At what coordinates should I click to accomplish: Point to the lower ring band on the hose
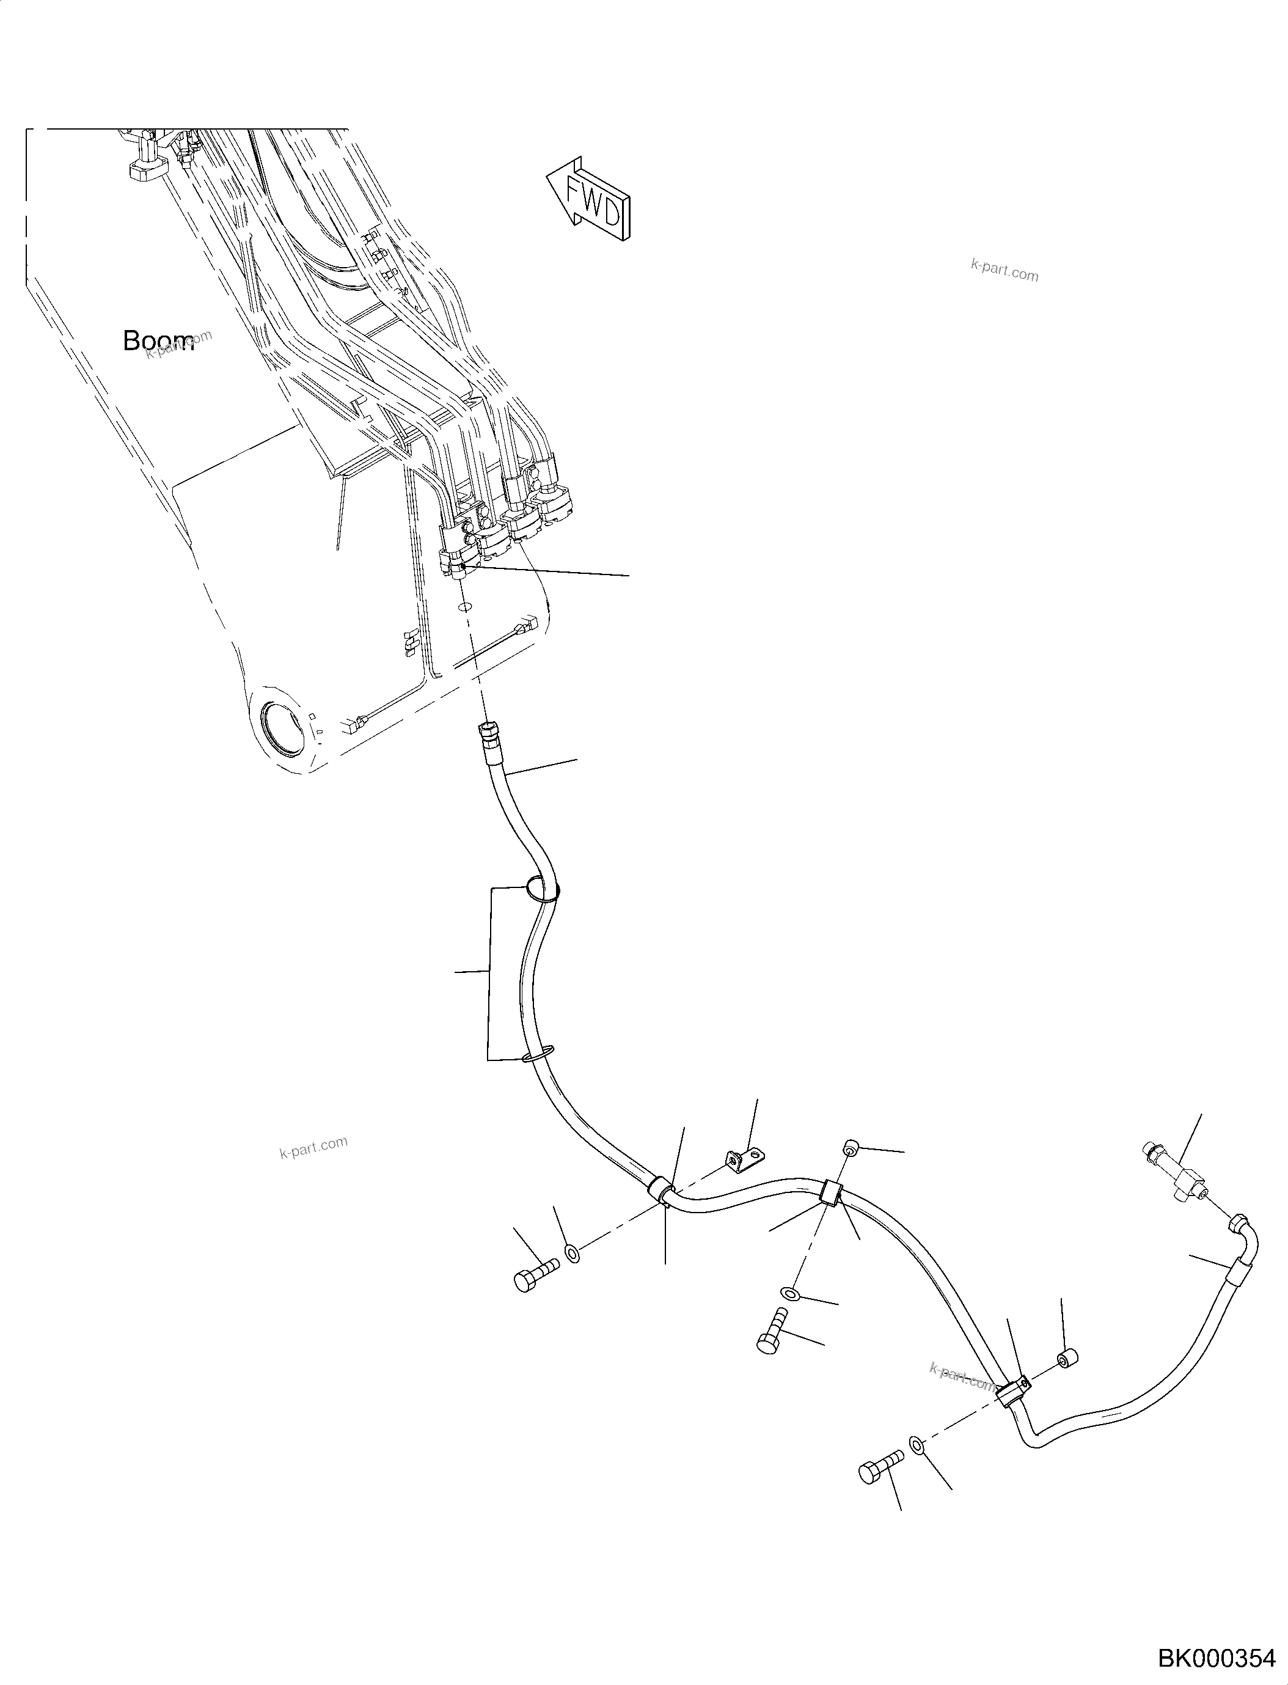[538, 1055]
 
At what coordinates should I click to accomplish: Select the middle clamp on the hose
[831, 1216]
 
